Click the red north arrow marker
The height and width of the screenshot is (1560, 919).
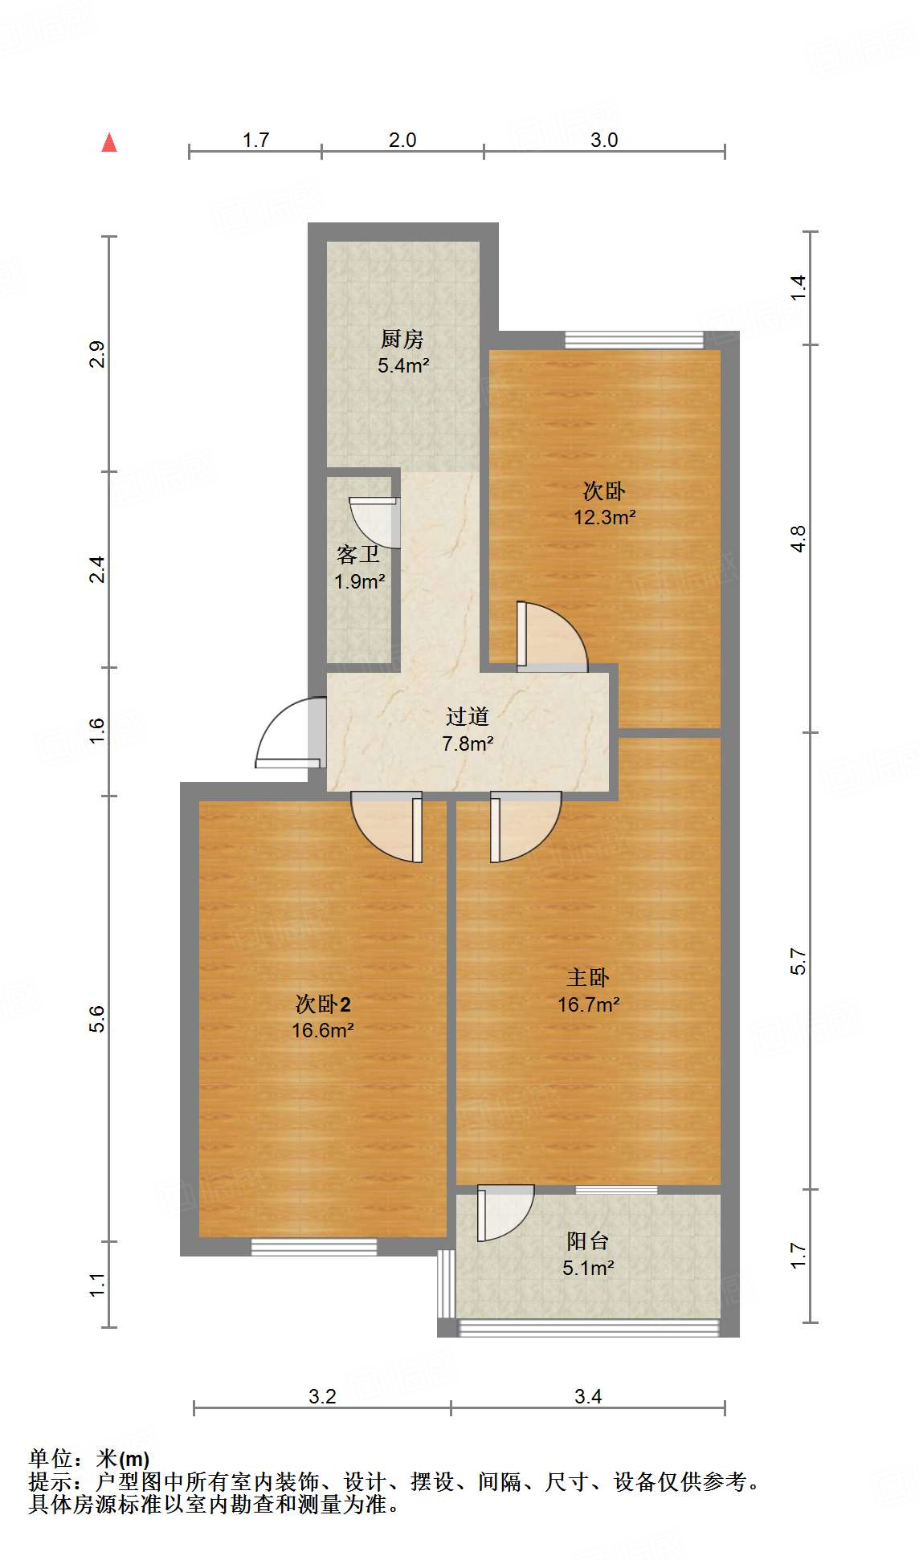(x=109, y=143)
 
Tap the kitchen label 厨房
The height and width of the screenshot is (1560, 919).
(x=402, y=339)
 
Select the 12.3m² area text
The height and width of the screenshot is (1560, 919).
(x=604, y=517)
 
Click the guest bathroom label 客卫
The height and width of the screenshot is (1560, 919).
(x=358, y=555)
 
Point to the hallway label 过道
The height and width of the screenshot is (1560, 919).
(x=468, y=716)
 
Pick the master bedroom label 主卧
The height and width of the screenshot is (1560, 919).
(x=588, y=977)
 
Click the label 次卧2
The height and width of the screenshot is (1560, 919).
(x=323, y=1004)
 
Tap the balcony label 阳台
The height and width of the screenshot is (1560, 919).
(x=587, y=1241)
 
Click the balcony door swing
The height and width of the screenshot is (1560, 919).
(x=504, y=1212)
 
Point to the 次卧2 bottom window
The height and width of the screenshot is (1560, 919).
(x=313, y=1247)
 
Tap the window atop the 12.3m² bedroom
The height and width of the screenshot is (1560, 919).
(x=634, y=340)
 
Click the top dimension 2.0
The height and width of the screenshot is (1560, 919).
(x=402, y=140)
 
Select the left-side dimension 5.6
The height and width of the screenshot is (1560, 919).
(x=96, y=1018)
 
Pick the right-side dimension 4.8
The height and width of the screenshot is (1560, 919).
(x=797, y=538)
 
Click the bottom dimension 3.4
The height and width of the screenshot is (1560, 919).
(x=588, y=1396)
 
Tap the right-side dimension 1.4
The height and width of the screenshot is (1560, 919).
(x=797, y=287)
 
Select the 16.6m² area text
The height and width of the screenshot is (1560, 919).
(x=323, y=1030)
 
